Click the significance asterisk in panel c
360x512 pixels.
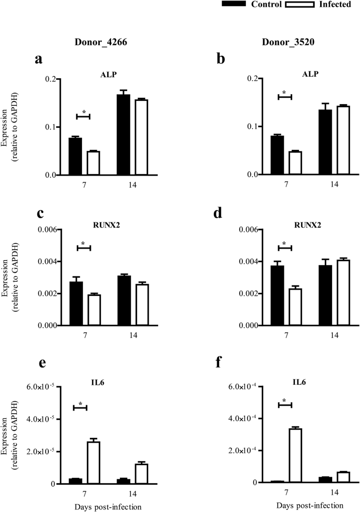click(84, 243)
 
